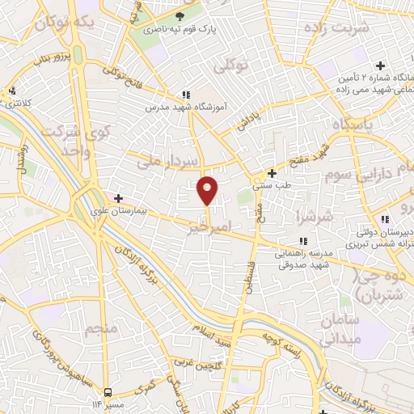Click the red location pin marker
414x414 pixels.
click(x=208, y=190)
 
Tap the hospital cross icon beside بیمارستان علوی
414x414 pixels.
click(x=118, y=197)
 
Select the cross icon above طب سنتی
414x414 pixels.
click(x=272, y=173)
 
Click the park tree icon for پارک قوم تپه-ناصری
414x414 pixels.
click(x=180, y=15)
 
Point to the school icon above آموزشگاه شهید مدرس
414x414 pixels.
click(x=187, y=95)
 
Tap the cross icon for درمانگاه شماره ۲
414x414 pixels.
click(x=380, y=65)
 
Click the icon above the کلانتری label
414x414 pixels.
click(x=11, y=91)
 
